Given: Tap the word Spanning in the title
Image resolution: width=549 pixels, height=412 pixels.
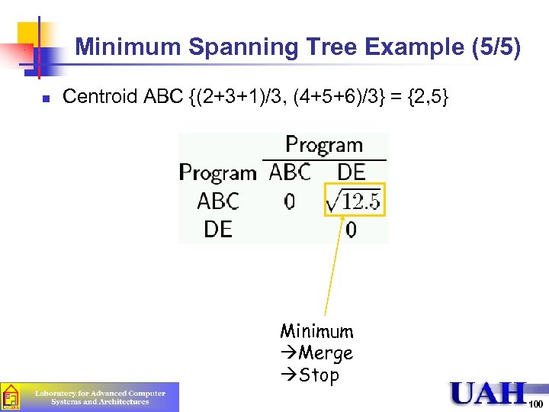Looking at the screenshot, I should [236, 48].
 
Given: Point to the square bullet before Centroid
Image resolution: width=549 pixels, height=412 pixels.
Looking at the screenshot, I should [46, 98].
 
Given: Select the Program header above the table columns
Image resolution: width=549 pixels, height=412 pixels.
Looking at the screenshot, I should [323, 145].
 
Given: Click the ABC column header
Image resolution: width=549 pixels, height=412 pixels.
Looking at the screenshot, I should [290, 173].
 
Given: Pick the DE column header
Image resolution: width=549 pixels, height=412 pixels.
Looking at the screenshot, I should [351, 173].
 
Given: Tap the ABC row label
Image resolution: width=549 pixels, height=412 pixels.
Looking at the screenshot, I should [218, 202].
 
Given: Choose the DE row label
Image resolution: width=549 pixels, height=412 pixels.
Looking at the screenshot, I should [218, 229].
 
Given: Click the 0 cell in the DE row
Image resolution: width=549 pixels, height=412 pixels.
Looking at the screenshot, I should [351, 230].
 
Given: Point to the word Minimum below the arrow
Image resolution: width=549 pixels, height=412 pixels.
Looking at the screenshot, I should [316, 331].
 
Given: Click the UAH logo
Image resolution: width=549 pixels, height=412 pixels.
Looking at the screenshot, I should [488, 393].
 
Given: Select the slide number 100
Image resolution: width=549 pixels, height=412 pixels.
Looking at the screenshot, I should [535, 404].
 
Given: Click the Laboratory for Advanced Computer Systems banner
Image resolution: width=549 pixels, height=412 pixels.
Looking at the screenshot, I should [99, 398].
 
